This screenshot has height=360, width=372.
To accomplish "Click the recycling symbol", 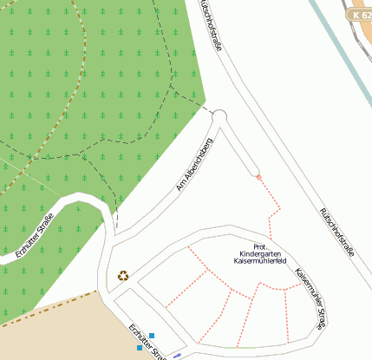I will pos(124,276).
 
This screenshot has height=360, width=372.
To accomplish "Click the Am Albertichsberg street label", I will pos(194,163).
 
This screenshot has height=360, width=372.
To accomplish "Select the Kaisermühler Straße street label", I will pos(310,298).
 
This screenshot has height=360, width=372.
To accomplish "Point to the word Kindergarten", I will pos(260,252).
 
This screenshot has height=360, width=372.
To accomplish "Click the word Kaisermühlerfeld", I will pos(260,260).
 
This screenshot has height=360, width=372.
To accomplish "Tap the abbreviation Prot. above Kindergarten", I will pos(260,245).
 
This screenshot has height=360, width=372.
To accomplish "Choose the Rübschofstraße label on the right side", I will pos(336,232).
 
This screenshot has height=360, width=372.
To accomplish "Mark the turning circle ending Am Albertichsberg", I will pos(219,116).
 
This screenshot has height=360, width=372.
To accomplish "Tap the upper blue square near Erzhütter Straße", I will pos(152,336).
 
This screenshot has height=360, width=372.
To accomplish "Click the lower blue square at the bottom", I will pos(139,348).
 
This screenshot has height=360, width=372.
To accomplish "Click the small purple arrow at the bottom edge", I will pos(177,356).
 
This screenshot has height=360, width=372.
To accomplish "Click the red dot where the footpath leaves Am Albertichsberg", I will pos(258,177).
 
